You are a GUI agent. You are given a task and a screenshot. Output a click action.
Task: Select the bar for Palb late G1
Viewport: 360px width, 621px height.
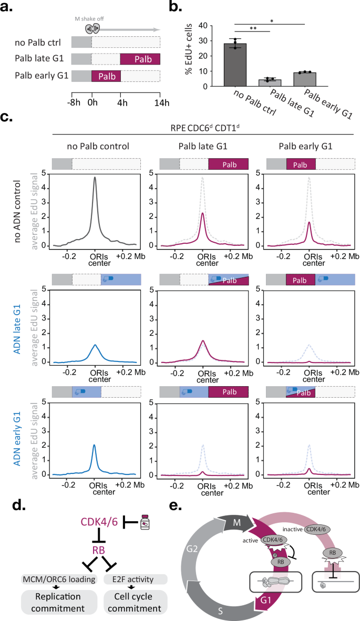click(x=270, y=82)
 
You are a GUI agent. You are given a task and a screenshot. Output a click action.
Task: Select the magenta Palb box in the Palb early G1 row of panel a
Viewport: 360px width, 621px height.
click(x=106, y=75)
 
